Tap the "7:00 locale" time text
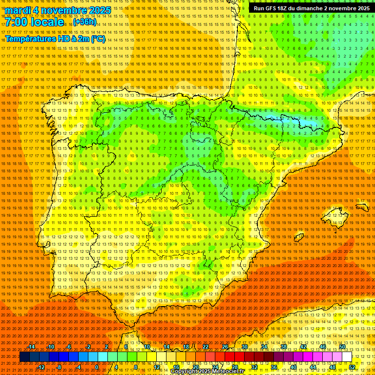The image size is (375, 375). pos(34,22)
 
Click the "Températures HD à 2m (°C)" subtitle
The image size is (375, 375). pos(55,39)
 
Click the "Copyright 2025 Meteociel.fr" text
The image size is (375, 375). pos(214,371)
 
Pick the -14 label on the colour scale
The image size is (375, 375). pos(32,347)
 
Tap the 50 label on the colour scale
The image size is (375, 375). pos(342,347)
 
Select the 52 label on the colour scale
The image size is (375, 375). pos(352,367)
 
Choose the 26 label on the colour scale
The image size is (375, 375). pos(225,347)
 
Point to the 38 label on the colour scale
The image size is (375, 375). pos(284,347)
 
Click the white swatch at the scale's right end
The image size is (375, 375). pos(347,357)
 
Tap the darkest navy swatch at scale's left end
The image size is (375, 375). pos(24,357)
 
